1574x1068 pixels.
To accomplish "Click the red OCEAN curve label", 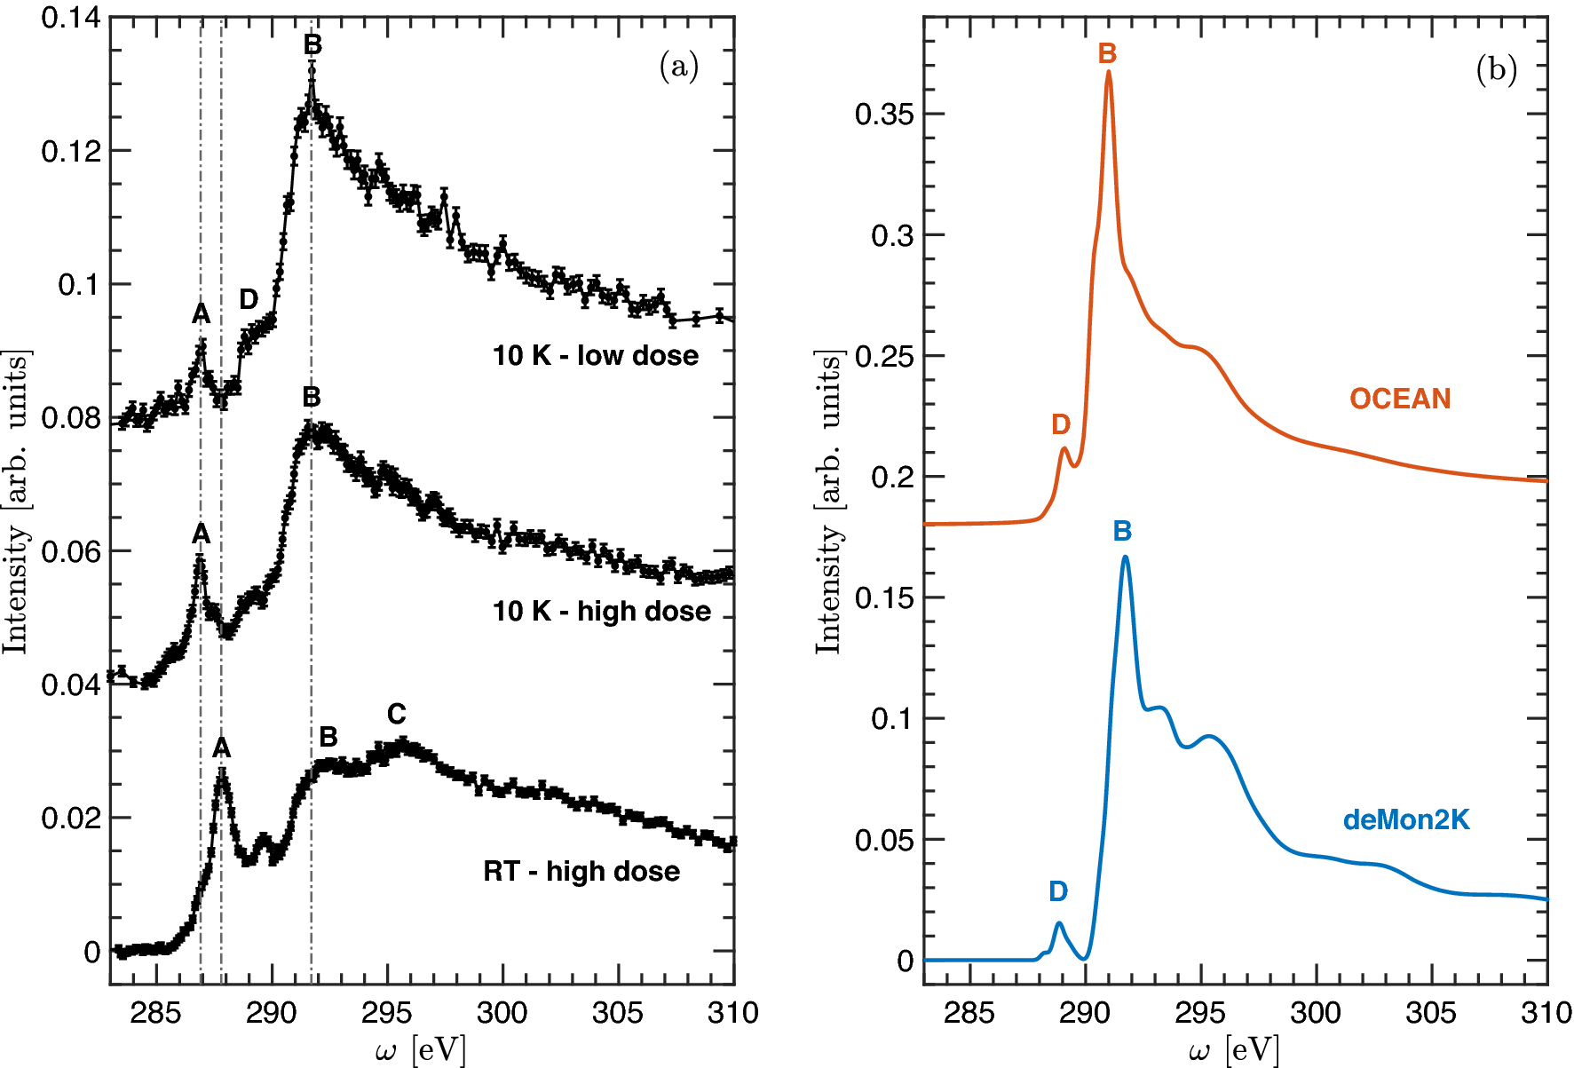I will click(x=1400, y=399).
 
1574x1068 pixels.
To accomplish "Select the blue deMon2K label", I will click(x=1406, y=819).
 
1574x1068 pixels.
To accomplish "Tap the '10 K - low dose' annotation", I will click(x=595, y=356).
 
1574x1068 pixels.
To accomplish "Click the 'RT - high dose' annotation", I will click(x=581, y=871).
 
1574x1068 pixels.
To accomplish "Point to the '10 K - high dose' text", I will click(x=601, y=611).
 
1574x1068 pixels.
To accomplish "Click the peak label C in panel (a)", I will click(x=396, y=714).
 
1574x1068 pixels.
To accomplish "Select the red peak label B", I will click(x=1107, y=54).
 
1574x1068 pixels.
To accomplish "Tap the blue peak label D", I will click(x=1057, y=891).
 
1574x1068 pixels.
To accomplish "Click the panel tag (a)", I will click(x=679, y=67).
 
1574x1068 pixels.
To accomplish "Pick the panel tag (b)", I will click(x=1496, y=69).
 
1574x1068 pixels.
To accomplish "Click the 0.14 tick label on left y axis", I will click(x=70, y=17).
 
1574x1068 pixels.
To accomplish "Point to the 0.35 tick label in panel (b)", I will click(x=883, y=115).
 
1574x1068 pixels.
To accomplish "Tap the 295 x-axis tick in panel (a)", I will click(x=387, y=1012).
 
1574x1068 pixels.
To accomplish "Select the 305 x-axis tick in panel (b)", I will click(x=1431, y=1012).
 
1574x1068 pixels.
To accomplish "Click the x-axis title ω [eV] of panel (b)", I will click(x=1234, y=1051).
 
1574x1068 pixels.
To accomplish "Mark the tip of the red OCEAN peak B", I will click(x=1109, y=72).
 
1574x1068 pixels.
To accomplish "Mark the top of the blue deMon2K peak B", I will click(x=1126, y=558).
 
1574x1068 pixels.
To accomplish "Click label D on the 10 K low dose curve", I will click(x=249, y=299).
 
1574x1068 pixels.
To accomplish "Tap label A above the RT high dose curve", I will click(x=221, y=748).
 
